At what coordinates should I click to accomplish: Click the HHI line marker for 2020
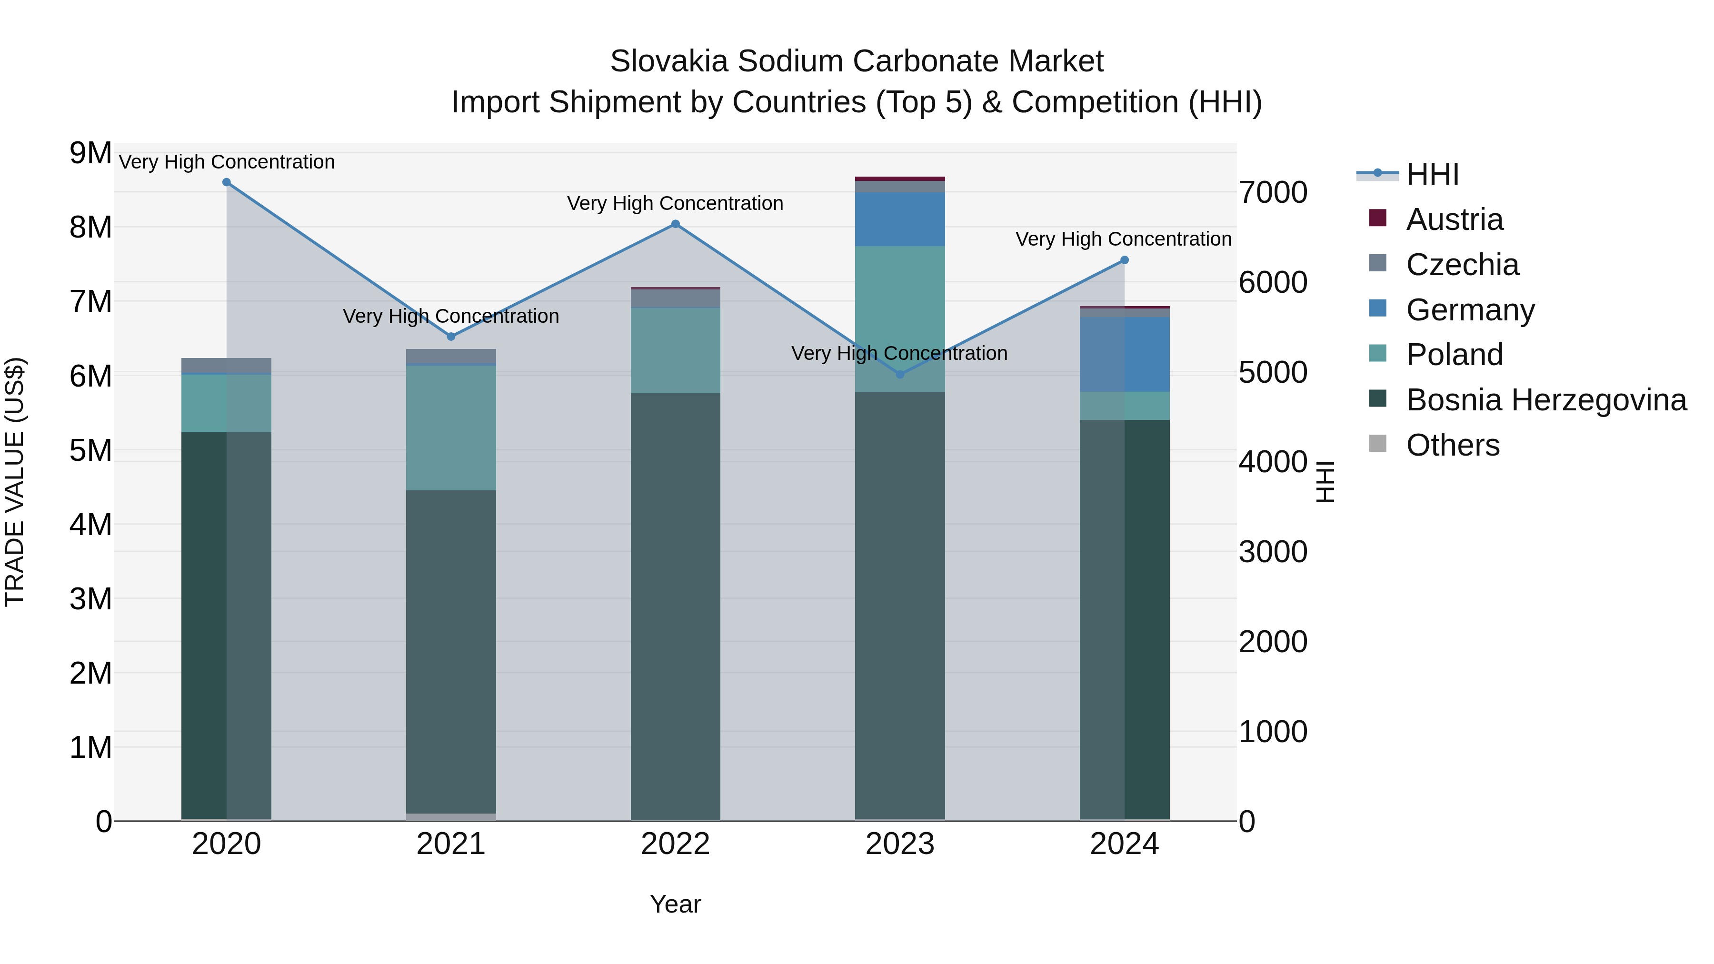point(226,182)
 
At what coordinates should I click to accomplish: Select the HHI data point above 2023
point(899,375)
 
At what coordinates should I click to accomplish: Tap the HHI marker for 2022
point(675,224)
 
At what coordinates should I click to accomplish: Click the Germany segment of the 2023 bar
point(899,219)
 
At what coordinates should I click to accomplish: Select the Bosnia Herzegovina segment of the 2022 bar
point(675,606)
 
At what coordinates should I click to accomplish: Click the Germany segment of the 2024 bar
point(1125,354)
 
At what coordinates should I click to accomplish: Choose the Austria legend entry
point(1454,219)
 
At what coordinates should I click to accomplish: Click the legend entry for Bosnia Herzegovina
point(1545,400)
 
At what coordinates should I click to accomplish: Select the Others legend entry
point(1453,445)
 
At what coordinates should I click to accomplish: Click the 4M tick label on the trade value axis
point(90,525)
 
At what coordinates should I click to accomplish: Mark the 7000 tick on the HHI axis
point(1273,192)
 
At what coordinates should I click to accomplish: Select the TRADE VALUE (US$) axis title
point(15,482)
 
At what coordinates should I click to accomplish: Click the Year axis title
point(675,904)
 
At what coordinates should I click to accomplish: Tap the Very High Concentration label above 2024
point(1123,239)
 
